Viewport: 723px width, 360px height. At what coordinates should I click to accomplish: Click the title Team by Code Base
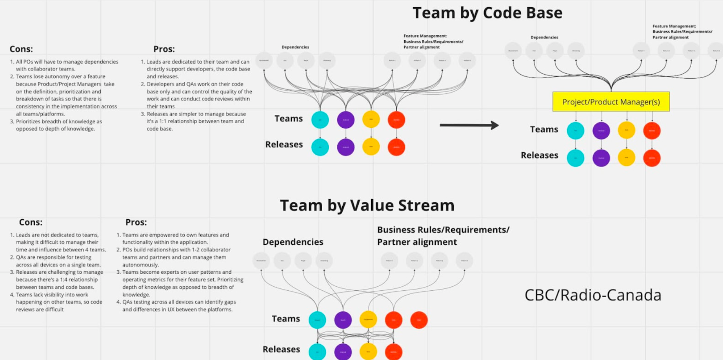(x=487, y=13)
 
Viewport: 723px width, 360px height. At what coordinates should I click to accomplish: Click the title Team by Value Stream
(x=367, y=205)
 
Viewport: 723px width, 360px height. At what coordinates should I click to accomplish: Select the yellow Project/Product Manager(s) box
(x=611, y=102)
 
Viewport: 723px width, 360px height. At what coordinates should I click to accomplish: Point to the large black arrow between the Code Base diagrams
(x=469, y=125)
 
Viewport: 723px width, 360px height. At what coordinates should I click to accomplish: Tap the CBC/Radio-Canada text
(x=593, y=295)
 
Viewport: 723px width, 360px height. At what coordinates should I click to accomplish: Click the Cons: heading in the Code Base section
(x=21, y=49)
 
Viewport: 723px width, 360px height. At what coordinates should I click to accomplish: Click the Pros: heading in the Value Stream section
(x=136, y=222)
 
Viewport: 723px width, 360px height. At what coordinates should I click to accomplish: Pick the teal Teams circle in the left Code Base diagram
(x=320, y=120)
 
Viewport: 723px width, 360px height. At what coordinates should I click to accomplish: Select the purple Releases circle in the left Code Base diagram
(x=346, y=147)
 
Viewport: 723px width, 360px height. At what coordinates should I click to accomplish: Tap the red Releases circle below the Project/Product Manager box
(x=652, y=158)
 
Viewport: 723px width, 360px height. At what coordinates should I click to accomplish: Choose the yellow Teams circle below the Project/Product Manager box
(x=627, y=130)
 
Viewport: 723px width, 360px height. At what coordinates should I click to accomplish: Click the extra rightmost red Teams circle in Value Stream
(x=419, y=320)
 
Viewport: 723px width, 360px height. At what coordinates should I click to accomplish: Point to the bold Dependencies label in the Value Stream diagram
(x=293, y=242)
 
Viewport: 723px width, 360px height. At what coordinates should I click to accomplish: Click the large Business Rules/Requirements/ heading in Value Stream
(x=443, y=230)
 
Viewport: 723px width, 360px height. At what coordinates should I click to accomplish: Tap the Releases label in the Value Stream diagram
(x=281, y=349)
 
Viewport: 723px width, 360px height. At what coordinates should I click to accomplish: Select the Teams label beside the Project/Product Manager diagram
(x=544, y=129)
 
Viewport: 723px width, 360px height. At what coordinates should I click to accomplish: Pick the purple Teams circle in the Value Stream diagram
(x=343, y=320)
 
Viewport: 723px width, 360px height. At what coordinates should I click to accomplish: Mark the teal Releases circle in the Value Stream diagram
(x=317, y=352)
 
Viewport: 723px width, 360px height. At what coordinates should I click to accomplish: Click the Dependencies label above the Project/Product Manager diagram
(x=544, y=37)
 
